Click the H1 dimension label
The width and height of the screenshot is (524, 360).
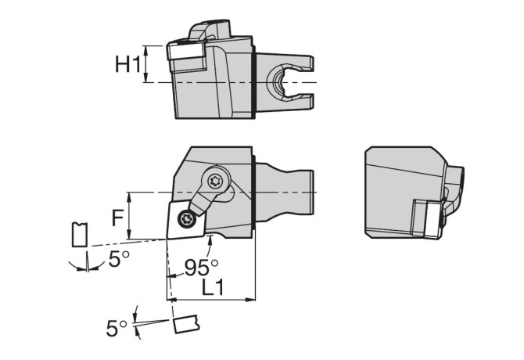point(127,64)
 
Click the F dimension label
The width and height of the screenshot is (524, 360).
point(117,218)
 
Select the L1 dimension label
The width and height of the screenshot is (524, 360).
point(213,287)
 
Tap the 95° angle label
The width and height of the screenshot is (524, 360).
point(202,268)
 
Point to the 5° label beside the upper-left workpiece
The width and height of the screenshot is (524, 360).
point(119,259)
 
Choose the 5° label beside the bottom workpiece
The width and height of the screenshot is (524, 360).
point(117,328)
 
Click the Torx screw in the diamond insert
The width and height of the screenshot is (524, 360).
point(186,219)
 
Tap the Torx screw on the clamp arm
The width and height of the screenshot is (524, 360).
point(215,182)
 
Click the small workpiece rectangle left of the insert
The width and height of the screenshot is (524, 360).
point(80,235)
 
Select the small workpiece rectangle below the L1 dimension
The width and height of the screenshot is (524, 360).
point(186,324)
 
